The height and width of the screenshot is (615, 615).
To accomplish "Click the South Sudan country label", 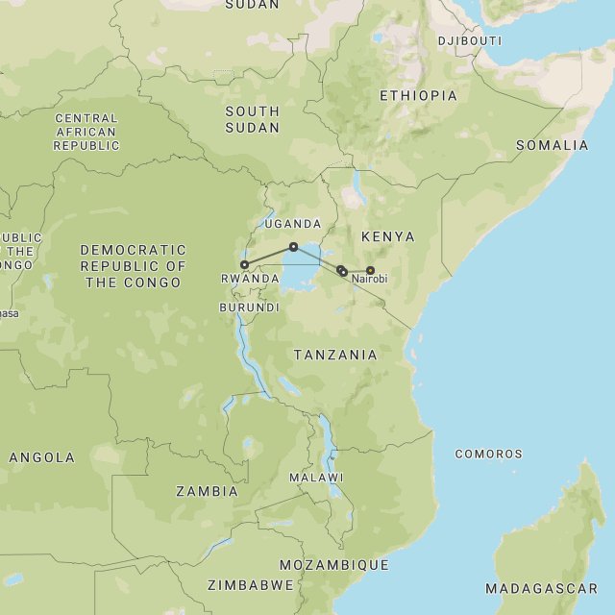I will coord(253,119).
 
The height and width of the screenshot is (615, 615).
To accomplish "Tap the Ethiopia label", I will coord(418,95).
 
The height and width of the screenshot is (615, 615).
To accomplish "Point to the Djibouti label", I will coord(469,40).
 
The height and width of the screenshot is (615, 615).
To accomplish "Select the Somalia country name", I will coord(552,145).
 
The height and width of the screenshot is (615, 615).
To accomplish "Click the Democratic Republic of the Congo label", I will coord(133,265).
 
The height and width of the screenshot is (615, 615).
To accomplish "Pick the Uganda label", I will coord(292,223).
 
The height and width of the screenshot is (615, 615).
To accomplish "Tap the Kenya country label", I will coord(387,236).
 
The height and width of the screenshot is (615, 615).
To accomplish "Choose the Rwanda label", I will coord(250,279).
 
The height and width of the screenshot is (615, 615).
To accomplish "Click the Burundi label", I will coord(249,307).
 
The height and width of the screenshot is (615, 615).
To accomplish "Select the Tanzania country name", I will coord(335,355).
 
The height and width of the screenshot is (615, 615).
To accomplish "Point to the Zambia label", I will coord(207,491).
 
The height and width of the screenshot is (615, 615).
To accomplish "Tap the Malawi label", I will coord(316,478).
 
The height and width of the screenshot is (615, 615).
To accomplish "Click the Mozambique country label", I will coord(334,565).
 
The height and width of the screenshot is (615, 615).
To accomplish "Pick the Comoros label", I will coord(488,454).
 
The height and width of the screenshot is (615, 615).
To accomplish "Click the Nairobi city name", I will coord(369,280).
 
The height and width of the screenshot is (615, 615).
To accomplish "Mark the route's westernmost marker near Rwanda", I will coord(244,264).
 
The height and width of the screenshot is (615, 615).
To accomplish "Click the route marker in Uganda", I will coord(293,247).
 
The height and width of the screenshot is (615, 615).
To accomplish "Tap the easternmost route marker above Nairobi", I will coord(370,270).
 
